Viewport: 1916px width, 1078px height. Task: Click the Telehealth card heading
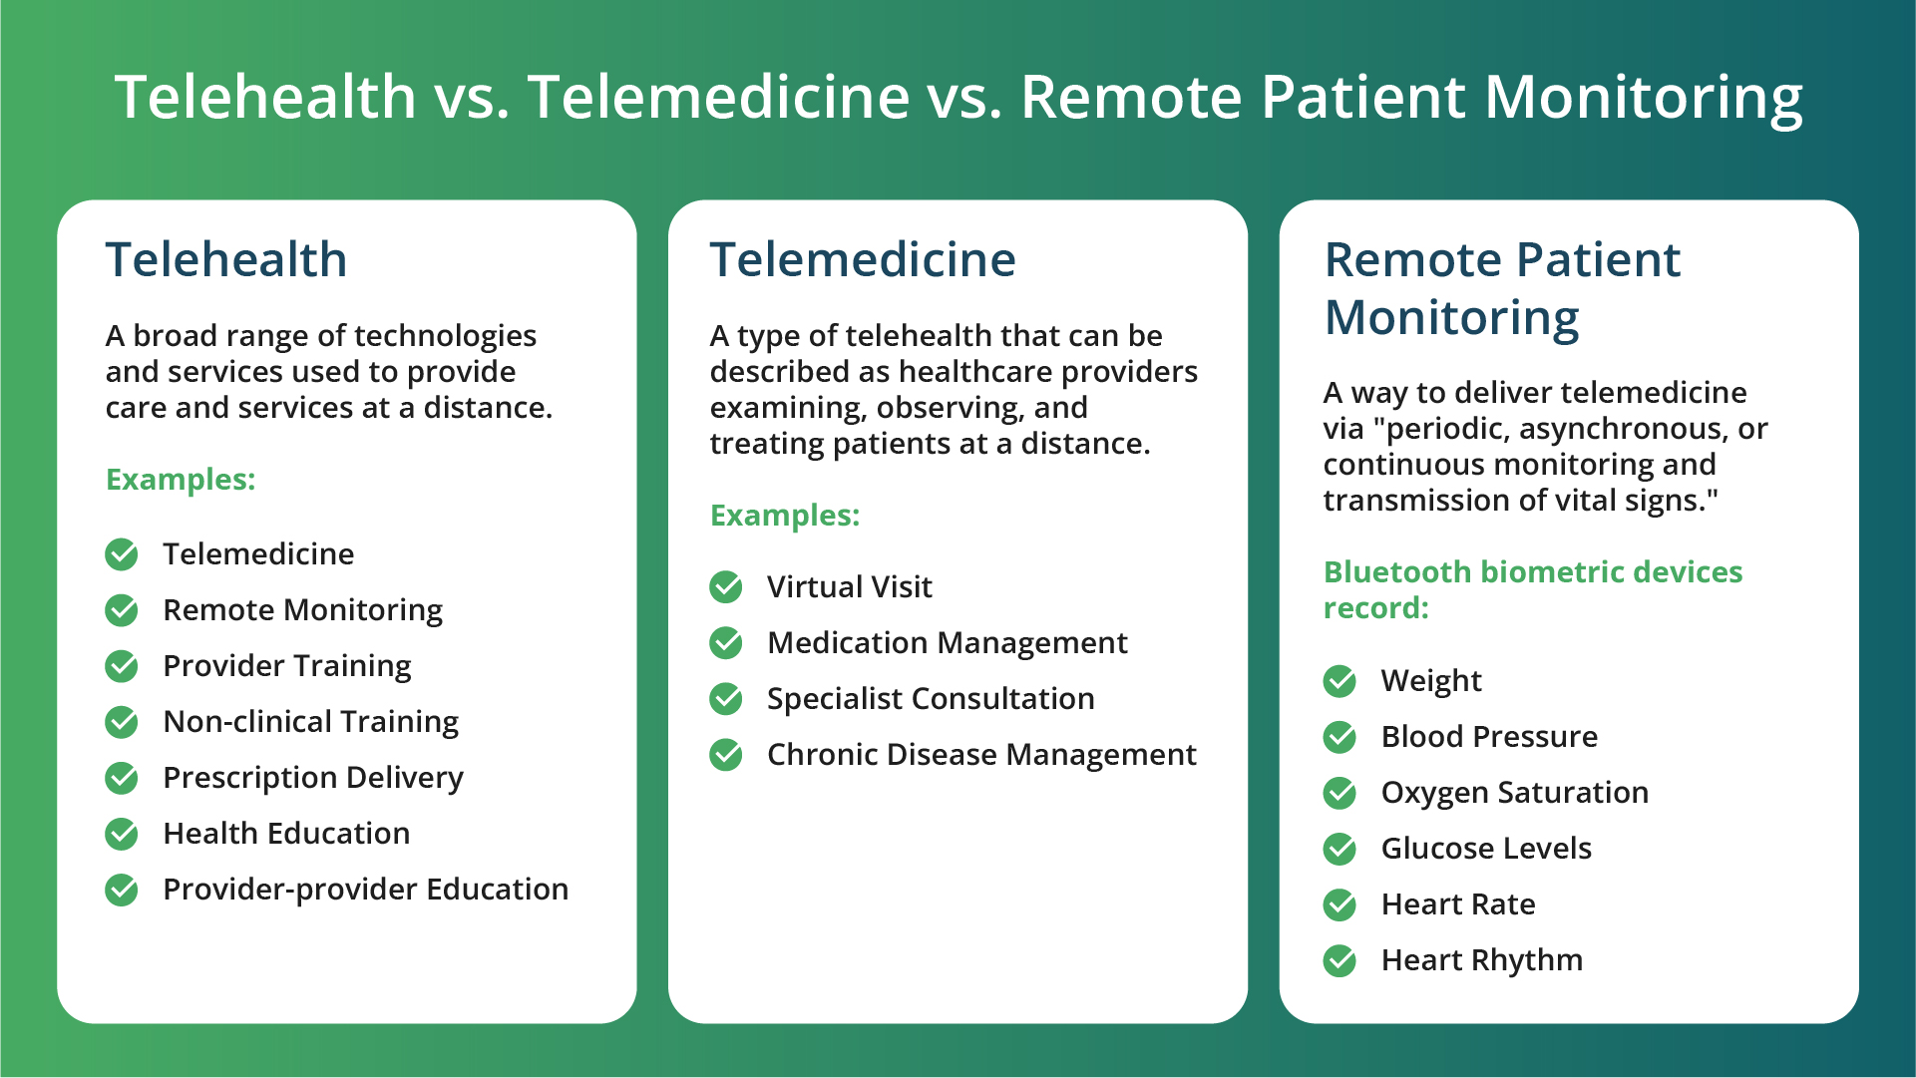click(x=226, y=259)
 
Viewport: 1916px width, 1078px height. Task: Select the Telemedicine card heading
click(x=863, y=259)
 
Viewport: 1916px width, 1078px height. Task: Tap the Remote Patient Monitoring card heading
click(x=1502, y=288)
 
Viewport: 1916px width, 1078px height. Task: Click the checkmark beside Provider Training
click(x=122, y=666)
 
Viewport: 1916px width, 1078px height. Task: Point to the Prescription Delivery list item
click(x=313, y=778)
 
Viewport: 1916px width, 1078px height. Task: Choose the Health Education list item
click(x=286, y=833)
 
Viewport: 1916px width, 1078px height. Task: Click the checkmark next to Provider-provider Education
click(x=122, y=890)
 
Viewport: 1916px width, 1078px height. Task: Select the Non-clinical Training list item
click(x=310, y=721)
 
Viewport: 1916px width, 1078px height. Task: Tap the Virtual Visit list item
click(x=850, y=586)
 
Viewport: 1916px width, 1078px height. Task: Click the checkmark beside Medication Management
click(x=726, y=643)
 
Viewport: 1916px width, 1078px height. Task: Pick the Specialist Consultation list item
click(x=931, y=698)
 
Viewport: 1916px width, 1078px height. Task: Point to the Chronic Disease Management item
click(x=981, y=755)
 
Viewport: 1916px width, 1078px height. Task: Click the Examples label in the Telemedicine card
click(x=785, y=516)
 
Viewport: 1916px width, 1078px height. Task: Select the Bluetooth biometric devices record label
click(x=1532, y=589)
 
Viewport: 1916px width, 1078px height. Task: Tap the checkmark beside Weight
click(x=1341, y=681)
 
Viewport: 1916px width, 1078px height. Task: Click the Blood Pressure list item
click(x=1489, y=737)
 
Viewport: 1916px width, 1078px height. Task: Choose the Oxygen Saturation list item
click(x=1515, y=793)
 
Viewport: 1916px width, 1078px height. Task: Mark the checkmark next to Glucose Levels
click(x=1341, y=849)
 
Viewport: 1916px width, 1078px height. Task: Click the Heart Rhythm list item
click(x=1482, y=960)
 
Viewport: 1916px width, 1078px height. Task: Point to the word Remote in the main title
click(x=1129, y=98)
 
